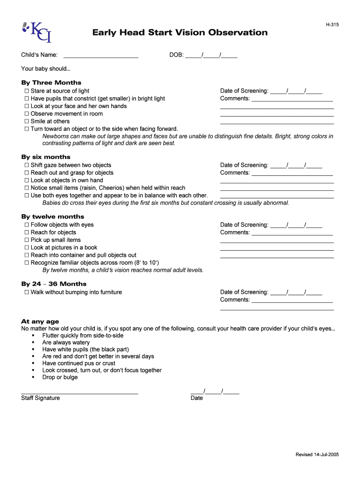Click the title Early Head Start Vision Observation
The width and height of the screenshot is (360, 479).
pyautogui.click(x=180, y=33)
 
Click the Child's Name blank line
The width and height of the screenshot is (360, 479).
pyautogui.click(x=101, y=55)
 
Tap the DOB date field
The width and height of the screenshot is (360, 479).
pyautogui.click(x=211, y=55)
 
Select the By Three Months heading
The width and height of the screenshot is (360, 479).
pyautogui.click(x=51, y=83)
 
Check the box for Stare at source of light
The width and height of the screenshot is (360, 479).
pyautogui.click(x=27, y=91)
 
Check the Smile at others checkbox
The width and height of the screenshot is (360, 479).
pyautogui.click(x=27, y=122)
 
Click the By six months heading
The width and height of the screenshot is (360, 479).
pyautogui.click(x=46, y=157)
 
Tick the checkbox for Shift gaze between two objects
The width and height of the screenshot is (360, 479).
pyautogui.click(x=27, y=166)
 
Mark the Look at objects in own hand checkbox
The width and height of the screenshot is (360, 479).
pyautogui.click(x=27, y=181)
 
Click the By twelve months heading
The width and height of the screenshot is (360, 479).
pyautogui.click(x=53, y=217)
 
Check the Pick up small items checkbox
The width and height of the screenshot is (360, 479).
pyautogui.click(x=27, y=240)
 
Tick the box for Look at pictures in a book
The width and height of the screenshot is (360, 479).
pyautogui.click(x=27, y=248)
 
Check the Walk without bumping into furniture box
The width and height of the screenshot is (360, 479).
pyautogui.click(x=27, y=292)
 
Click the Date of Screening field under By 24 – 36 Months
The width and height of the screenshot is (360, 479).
pyautogui.click(x=296, y=292)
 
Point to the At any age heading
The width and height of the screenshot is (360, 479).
pyautogui.click(x=40, y=322)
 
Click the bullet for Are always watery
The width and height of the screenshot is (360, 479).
pyautogui.click(x=33, y=343)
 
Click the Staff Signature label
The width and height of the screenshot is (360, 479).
pyautogui.click(x=41, y=398)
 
